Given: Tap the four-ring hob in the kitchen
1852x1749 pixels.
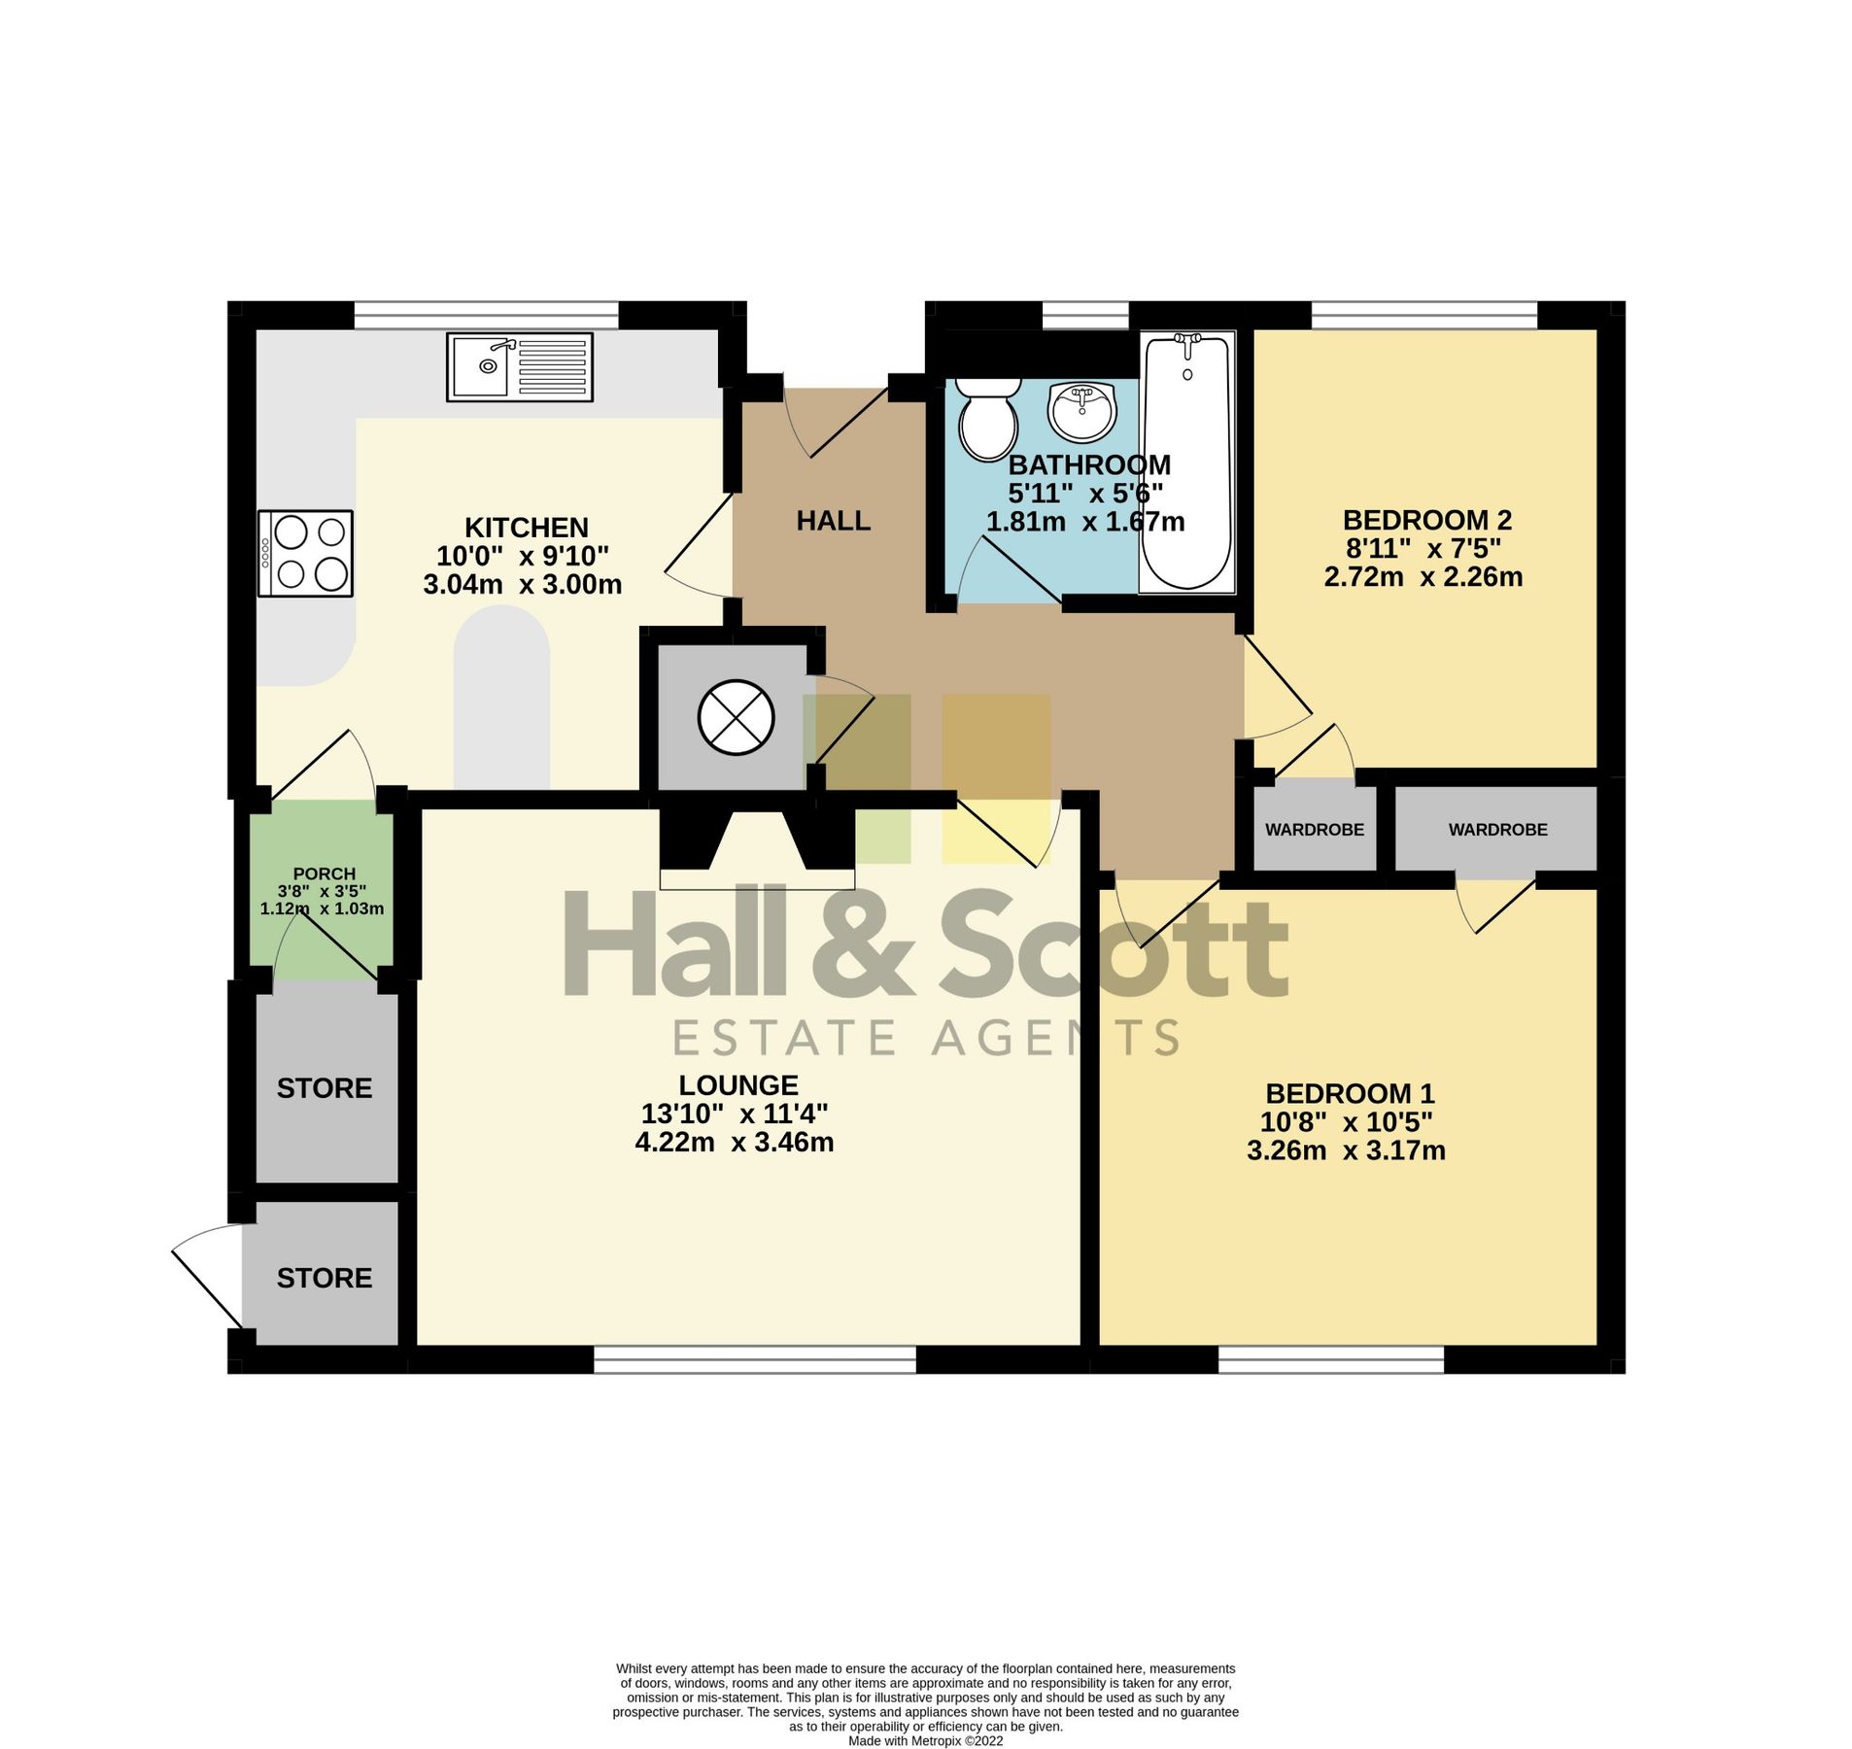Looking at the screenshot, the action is pos(304,553).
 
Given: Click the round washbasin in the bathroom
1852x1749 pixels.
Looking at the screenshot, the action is pos(1080,410).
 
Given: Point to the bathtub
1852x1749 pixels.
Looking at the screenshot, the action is pos(1185,462).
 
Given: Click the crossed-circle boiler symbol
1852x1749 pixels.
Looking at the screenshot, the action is pos(736,717).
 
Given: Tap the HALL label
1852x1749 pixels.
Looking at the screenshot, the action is pos(833,521).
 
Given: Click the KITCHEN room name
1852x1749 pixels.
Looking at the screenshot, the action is pos(526,528).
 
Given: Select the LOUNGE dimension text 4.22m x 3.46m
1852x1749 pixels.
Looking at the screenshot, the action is pos(734,1142).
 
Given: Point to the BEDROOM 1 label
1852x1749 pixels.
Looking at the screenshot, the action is pos(1349,1093).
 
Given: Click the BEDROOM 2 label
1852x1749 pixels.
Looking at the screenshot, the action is pos(1426,520).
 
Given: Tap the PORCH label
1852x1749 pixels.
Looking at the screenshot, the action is pos(324,874).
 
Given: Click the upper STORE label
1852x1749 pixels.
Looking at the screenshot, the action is pos(324,1088).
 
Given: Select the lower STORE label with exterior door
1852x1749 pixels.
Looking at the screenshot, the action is pos(324,1278).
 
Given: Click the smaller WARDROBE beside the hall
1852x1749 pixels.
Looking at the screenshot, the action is pos(1314,829).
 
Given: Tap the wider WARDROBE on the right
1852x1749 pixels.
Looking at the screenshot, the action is pos(1497,829).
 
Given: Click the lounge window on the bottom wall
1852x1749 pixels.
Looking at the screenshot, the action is pos(754,1358).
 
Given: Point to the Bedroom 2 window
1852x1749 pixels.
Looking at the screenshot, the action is pos(1423,315).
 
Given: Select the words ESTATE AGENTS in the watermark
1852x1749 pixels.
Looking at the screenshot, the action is pos(926,1038).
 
